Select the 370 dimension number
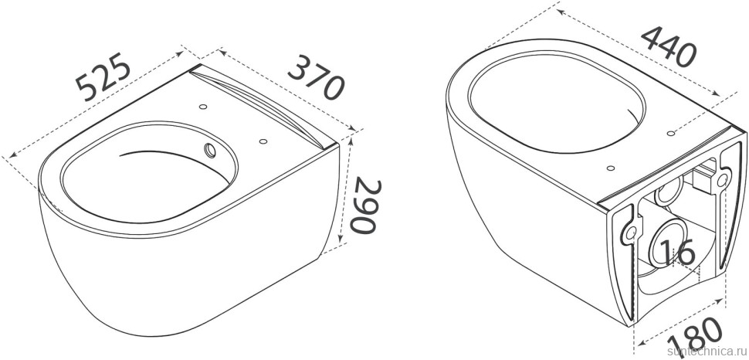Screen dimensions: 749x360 click(x=316, y=77)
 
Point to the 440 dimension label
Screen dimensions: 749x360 click(x=669, y=47)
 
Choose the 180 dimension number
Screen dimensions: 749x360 click(x=695, y=338)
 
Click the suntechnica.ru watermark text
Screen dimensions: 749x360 click(x=708, y=352)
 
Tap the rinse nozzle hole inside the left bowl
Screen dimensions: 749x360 click(x=210, y=150)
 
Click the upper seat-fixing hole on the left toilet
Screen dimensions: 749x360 click(x=203, y=106)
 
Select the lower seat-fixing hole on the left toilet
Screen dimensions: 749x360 click(x=263, y=141)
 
